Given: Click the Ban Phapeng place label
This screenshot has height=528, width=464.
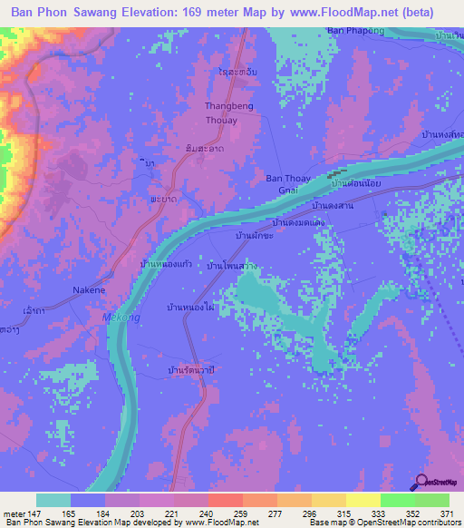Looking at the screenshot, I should tap(350, 32).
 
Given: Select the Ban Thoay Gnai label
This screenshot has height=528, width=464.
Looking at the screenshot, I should tap(288, 184).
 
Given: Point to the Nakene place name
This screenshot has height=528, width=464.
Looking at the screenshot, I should tap(89, 290).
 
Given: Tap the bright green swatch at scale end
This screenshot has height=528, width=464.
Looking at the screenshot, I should tap(432, 500).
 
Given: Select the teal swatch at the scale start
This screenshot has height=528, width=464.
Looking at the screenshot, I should tap(53, 500).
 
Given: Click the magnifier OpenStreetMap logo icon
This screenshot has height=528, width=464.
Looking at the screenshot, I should tap(422, 483).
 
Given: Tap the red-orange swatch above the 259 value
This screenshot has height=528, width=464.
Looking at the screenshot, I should tap(223, 500).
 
